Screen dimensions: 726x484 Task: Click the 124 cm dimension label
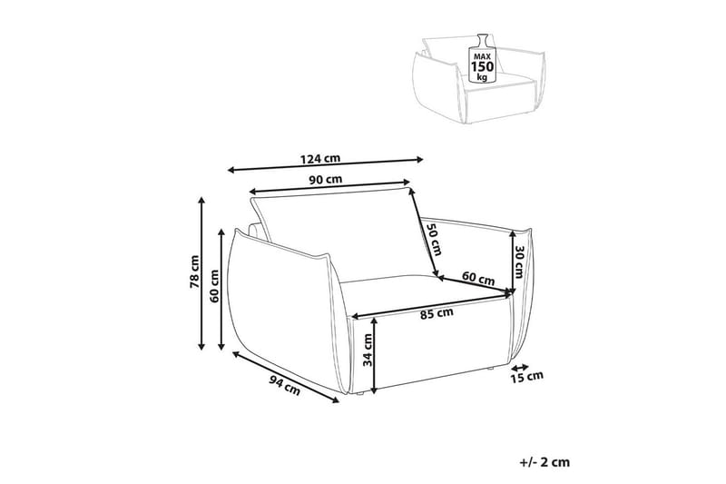pos(320,159)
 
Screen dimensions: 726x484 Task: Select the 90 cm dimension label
pos(326,180)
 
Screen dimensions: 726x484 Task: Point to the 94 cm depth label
pos(285,384)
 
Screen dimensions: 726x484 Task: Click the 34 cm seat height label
pos(368,351)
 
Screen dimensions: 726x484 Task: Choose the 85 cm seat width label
pos(437,314)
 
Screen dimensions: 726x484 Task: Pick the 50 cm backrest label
pos(434,239)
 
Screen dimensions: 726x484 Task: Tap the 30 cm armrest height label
pos(519,262)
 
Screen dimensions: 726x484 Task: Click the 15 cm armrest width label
pos(527,377)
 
